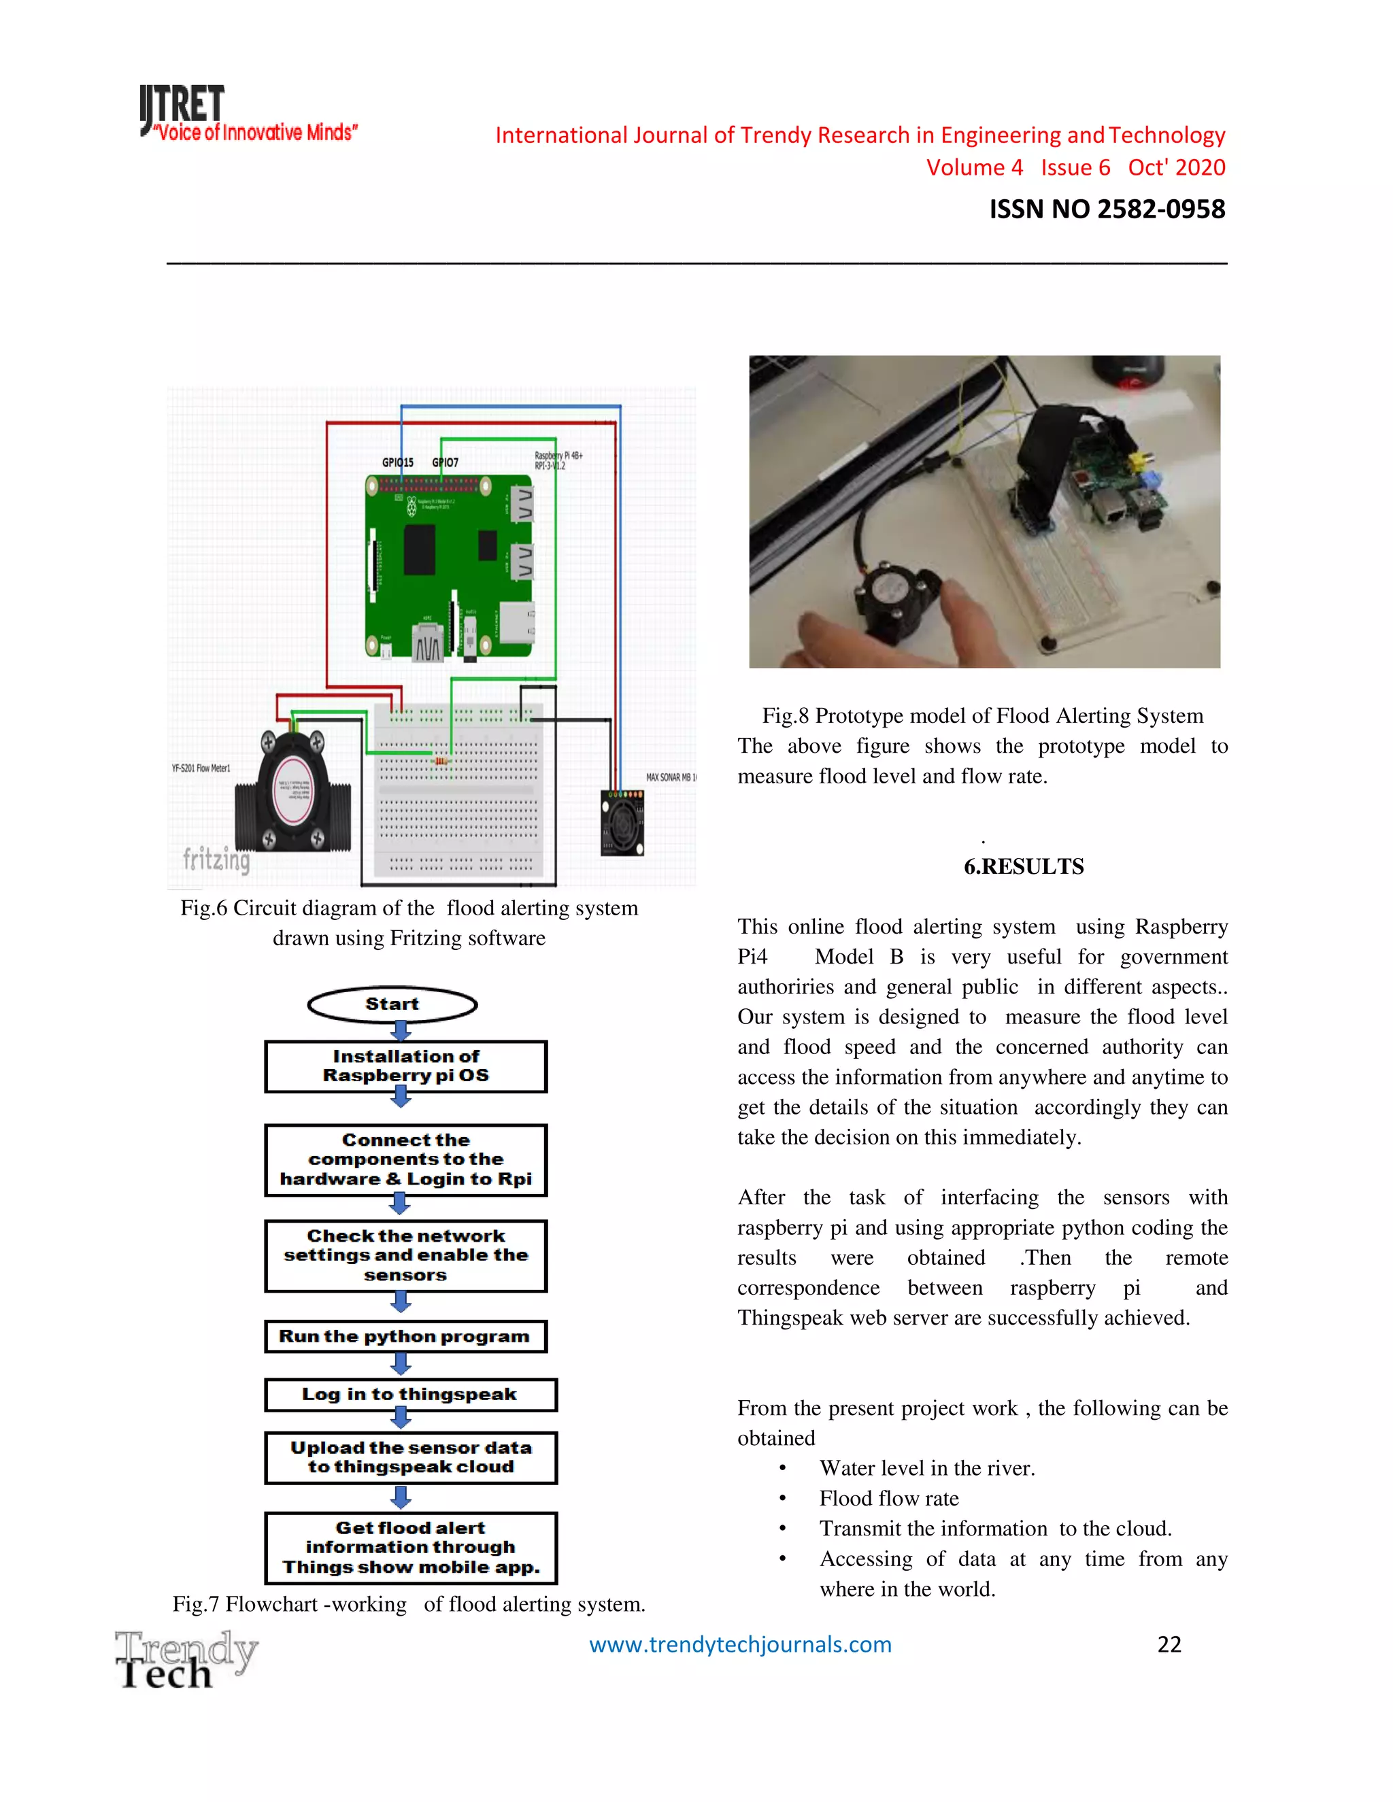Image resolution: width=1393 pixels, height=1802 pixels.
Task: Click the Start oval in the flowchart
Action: [x=392, y=1004]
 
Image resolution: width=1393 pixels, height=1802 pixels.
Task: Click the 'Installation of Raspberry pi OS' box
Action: [x=405, y=1066]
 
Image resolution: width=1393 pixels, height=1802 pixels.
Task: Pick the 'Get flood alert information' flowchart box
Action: [x=410, y=1547]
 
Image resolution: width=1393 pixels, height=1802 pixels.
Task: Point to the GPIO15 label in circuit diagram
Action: [x=397, y=463]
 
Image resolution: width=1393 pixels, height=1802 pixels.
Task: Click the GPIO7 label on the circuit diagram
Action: [x=446, y=463]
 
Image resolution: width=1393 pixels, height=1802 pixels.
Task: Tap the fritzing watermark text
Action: [x=216, y=859]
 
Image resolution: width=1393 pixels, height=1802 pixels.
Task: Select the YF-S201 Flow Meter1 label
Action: [x=201, y=768]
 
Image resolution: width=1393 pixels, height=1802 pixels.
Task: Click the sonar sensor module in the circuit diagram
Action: [x=622, y=823]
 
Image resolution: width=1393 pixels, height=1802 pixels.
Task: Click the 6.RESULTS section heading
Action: [x=1023, y=866]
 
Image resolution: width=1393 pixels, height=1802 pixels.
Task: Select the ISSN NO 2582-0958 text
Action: [x=1107, y=209]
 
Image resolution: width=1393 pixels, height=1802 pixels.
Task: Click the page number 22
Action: [x=1169, y=1644]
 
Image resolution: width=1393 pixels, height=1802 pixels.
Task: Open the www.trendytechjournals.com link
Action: [x=740, y=1644]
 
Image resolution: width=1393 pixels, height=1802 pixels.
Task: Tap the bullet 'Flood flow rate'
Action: [x=889, y=1498]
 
